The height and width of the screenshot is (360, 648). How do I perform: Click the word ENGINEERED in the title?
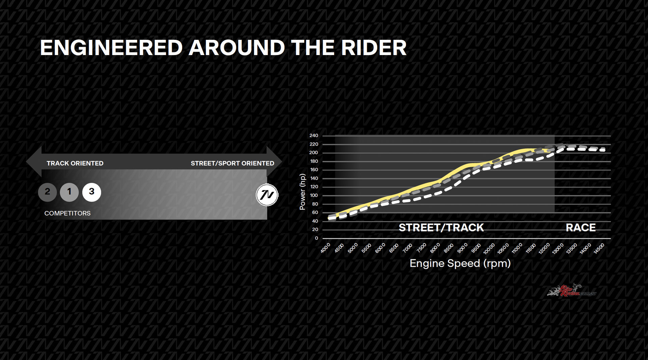pos(111,48)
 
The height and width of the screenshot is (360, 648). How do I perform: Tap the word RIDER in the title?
pos(374,48)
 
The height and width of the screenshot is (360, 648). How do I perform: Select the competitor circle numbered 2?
pos(47,192)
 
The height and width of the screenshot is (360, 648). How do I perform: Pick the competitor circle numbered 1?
pos(69,192)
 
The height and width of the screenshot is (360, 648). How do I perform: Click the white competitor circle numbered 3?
pos(91,192)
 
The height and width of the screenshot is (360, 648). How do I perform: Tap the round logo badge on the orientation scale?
pos(267,195)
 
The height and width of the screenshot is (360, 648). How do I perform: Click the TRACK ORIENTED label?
pos(75,163)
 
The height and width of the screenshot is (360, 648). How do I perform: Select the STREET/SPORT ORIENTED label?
pos(233,163)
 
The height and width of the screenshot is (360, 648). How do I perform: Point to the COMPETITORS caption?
pos(67,213)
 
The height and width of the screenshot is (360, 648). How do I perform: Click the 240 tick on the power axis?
pos(314,135)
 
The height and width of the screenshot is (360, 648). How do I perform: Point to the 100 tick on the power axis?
pos(314,195)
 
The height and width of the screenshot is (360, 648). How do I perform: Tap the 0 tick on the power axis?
pos(316,238)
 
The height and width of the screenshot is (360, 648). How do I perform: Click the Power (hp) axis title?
pos(302,191)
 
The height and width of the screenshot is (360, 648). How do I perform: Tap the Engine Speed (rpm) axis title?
pos(460,263)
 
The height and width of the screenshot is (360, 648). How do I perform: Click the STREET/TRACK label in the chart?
pos(441,228)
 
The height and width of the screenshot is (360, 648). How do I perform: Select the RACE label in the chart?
pos(580,228)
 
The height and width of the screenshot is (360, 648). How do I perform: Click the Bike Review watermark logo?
pos(572,290)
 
